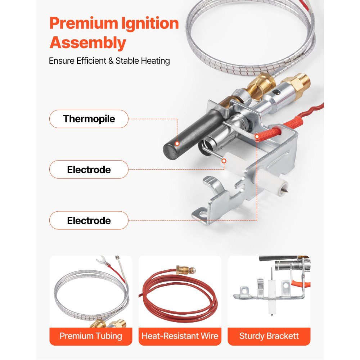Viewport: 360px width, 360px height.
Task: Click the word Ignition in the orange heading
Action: click(x=150, y=24)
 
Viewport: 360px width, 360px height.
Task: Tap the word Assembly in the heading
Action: click(x=88, y=43)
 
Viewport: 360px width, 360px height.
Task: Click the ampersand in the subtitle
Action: click(x=111, y=61)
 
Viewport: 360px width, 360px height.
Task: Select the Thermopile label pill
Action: click(x=89, y=119)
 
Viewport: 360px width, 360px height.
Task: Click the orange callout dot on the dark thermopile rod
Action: click(x=177, y=144)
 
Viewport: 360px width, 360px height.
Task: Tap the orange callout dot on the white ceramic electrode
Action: click(x=224, y=161)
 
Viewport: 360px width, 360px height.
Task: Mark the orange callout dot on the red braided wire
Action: click(x=257, y=137)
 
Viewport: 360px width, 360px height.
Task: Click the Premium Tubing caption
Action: click(x=91, y=336)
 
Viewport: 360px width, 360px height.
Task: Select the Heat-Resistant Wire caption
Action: click(x=180, y=336)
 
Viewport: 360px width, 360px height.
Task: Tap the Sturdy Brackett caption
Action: click(x=269, y=336)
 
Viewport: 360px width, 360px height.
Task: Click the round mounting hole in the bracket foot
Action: click(x=203, y=215)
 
